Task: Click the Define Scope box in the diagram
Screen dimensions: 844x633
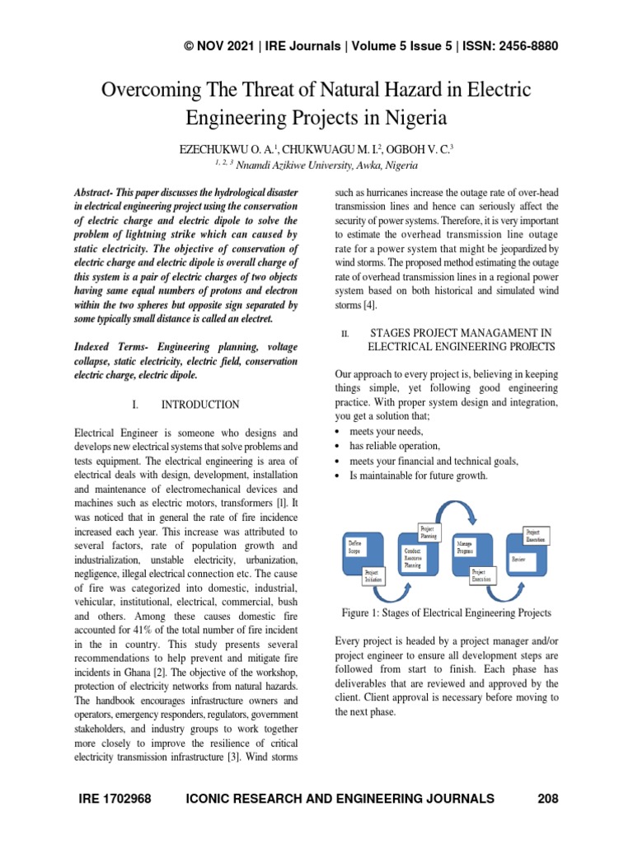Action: click(359, 553)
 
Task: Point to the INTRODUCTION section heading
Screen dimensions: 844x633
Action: click(200, 405)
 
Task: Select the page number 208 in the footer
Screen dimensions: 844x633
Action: click(547, 798)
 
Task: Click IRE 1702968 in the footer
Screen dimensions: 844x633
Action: click(115, 798)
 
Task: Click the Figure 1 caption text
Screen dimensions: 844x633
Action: click(446, 613)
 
